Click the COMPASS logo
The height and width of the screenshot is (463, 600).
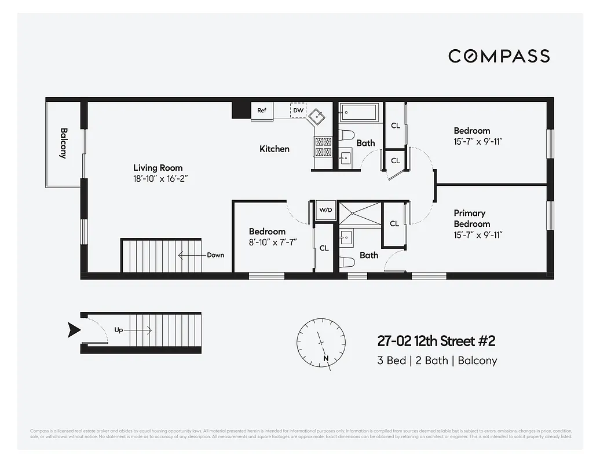(499, 56)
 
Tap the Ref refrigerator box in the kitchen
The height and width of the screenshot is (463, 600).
(262, 111)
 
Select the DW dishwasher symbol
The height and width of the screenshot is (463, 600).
(298, 110)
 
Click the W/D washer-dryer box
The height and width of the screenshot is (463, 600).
(325, 210)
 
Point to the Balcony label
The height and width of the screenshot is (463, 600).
(63, 143)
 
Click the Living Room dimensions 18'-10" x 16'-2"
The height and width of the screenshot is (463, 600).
(160, 179)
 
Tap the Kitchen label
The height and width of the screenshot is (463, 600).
(274, 149)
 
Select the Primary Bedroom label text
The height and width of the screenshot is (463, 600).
(471, 218)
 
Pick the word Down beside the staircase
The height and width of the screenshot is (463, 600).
(215, 255)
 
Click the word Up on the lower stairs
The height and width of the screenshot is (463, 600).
(119, 330)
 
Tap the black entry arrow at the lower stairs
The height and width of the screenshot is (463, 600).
(74, 330)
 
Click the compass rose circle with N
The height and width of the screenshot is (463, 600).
(321, 341)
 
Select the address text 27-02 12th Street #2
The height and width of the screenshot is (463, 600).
(436, 341)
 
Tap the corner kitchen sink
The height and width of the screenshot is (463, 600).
(318, 115)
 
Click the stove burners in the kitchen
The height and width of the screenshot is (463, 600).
(323, 146)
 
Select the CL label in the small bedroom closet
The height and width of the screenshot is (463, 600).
(324, 248)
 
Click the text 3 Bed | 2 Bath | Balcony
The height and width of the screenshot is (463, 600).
(437, 361)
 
